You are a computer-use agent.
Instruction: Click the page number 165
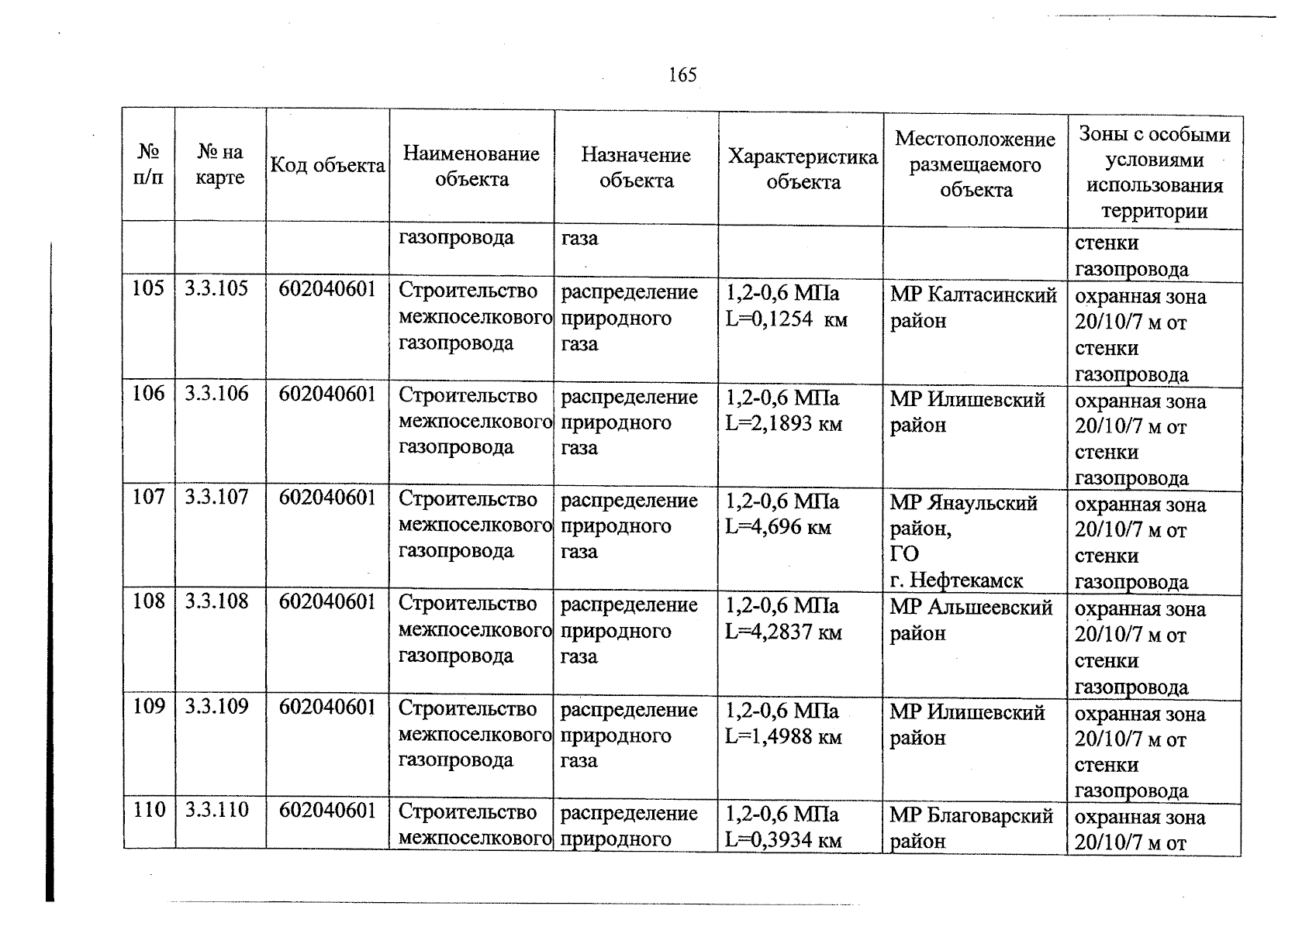682,75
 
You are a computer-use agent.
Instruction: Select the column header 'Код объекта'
327,166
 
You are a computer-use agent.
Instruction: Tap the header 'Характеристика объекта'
803,170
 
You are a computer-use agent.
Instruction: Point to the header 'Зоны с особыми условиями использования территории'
1154,173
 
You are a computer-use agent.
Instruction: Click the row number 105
148,289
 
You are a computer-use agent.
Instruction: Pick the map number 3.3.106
216,394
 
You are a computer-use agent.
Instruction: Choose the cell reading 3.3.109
216,707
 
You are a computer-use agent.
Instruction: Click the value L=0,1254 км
786,320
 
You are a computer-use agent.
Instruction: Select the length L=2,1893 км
783,425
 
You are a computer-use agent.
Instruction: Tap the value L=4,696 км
778,529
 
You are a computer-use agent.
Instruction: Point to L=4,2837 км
783,632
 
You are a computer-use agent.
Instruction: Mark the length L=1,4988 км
783,737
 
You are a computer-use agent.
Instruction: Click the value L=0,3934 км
783,841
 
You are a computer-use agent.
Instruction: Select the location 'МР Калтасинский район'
973,308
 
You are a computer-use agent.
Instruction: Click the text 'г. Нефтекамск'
956,580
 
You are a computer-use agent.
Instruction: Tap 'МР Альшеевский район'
971,620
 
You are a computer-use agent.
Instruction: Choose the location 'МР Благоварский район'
971,828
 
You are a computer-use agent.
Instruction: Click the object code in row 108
327,602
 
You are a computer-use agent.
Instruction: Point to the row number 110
148,811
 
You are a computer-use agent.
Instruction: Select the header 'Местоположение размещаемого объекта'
976,165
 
